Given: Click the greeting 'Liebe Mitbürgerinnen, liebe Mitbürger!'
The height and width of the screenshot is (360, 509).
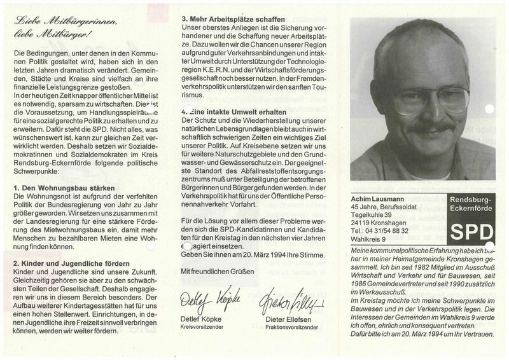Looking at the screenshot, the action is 59,26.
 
